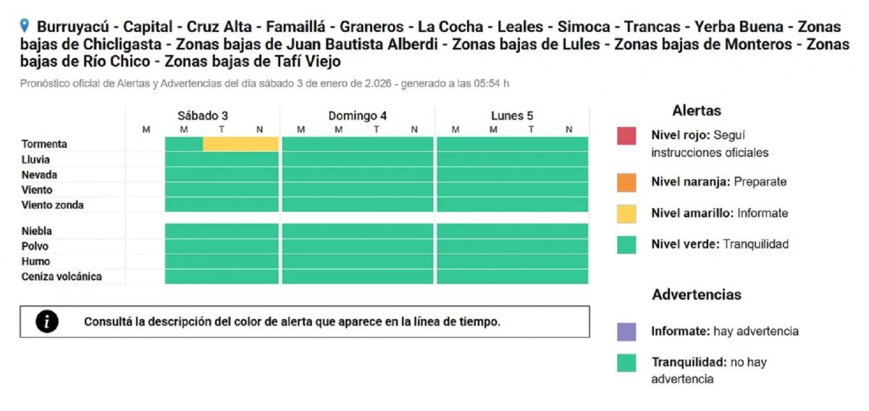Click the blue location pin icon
[25, 26]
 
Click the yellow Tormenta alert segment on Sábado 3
[240, 144]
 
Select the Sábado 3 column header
[203, 116]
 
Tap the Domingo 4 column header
[357, 116]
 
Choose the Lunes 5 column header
[512, 116]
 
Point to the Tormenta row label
[44, 144]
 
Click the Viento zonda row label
[52, 205]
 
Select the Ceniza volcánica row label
[62, 276]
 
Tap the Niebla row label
[37, 231]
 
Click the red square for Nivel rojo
[626, 136]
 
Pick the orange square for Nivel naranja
[626, 183]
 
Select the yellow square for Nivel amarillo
[626, 213]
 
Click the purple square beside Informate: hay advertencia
[626, 332]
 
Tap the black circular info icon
[47, 322]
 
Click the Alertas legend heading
[697, 111]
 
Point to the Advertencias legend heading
[697, 295]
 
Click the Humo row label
[35, 261]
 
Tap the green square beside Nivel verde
[626, 244]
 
